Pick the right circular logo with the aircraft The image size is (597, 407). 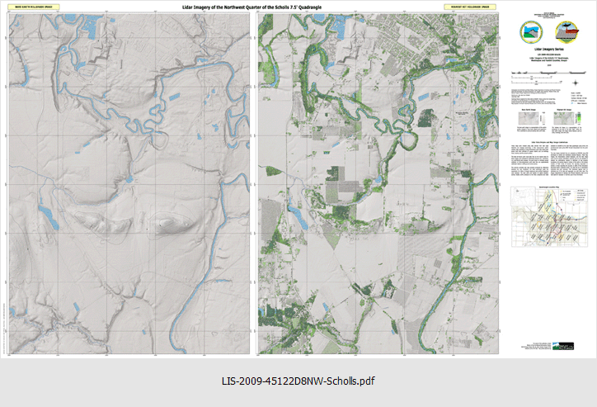(567, 32)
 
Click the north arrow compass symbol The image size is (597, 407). (574, 81)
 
